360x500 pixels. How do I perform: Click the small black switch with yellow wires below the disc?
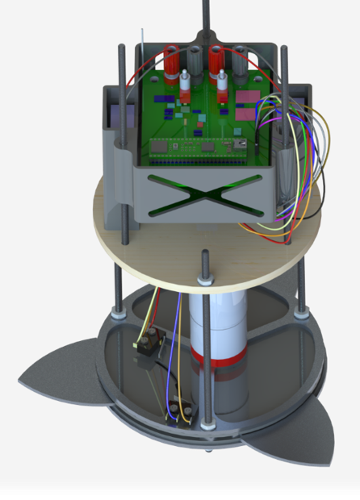(x=150, y=348)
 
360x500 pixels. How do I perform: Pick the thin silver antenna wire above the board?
(x=144, y=44)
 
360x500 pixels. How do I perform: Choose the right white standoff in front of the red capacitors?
(x=222, y=84)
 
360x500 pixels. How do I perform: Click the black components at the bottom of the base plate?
(x=178, y=412)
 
